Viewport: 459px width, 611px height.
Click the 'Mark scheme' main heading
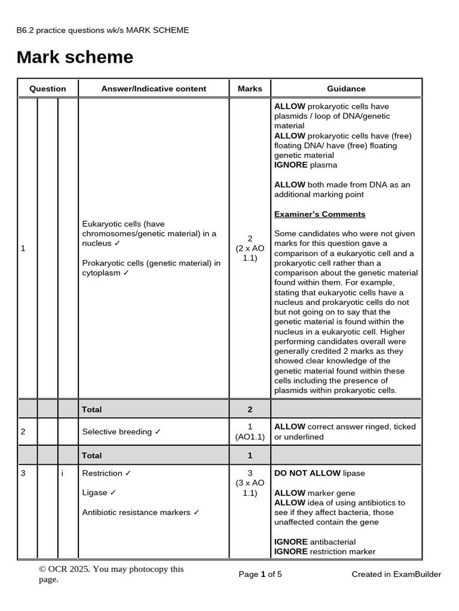click(x=75, y=57)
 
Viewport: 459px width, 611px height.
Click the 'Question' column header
click(x=48, y=88)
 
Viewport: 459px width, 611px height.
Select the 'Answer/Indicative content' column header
click(x=154, y=88)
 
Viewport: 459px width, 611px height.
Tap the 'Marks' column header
click(x=250, y=88)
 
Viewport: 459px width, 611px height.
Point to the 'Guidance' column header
click(x=346, y=88)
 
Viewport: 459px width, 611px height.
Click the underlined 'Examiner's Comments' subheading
click(x=320, y=214)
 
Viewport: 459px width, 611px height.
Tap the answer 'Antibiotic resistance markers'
click(x=140, y=513)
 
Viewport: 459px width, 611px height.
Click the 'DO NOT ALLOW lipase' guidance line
click(x=319, y=473)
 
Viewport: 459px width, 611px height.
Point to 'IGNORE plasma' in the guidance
click(x=305, y=165)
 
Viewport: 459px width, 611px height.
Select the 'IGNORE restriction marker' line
click(x=325, y=551)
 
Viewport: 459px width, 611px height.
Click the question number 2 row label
click(x=23, y=431)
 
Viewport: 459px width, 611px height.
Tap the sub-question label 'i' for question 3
click(x=62, y=473)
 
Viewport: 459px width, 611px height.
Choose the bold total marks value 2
click(x=250, y=409)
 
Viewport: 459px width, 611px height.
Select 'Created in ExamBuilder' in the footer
click(x=396, y=574)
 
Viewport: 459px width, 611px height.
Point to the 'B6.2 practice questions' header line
click(x=103, y=30)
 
